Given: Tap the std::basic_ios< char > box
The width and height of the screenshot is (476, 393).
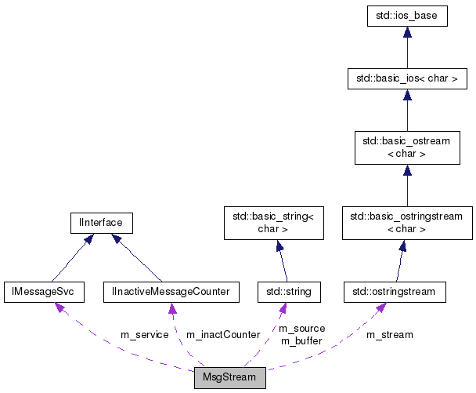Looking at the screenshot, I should [406, 78].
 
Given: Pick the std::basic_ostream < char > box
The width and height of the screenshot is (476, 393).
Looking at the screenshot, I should [406, 147].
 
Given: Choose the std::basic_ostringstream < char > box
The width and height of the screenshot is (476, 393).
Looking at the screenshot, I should [406, 223].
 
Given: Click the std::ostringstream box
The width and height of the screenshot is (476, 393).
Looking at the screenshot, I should [395, 293].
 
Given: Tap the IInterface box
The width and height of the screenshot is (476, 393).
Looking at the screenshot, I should [101, 223].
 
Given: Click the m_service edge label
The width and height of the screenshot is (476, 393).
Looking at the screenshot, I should [144, 335].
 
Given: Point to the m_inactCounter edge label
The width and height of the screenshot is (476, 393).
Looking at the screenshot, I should [222, 335].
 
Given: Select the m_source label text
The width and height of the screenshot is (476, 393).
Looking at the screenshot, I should [301, 329].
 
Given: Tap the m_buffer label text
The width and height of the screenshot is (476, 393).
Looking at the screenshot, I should [301, 340].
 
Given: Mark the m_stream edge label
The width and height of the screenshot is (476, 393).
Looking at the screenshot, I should [389, 335].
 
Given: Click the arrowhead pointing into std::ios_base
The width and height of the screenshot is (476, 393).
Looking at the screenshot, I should [406, 33].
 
